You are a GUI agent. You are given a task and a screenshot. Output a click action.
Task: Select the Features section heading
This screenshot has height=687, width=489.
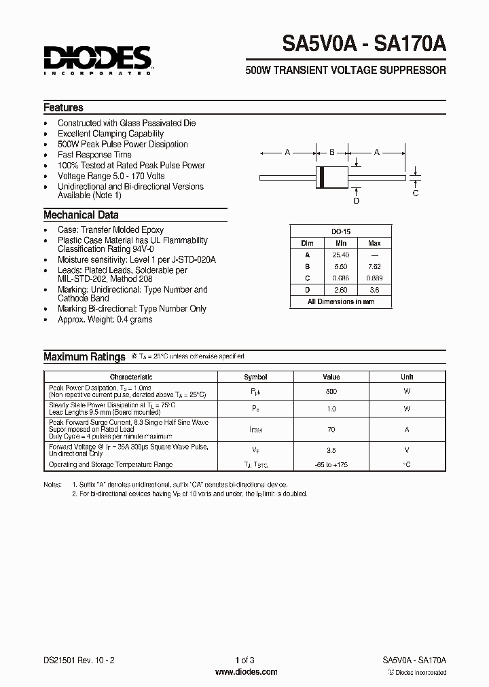coord(63,108)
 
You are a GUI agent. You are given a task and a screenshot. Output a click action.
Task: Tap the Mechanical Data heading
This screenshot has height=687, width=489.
coord(81,215)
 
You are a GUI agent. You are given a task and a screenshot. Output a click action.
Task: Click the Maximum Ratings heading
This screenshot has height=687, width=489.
coord(84,357)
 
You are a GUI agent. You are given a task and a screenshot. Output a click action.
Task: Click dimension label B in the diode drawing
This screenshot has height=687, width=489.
coord(331,153)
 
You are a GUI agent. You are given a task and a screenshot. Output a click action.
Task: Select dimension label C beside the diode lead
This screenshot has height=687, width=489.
coord(416,193)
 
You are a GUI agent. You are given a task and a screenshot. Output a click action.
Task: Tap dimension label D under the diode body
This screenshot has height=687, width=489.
coord(357,201)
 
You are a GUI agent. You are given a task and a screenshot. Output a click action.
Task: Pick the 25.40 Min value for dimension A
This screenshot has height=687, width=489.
coord(340,255)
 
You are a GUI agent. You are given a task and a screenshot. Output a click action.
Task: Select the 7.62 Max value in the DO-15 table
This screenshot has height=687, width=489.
coord(374,267)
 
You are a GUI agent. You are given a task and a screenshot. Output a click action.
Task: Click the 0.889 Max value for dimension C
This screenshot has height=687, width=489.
coord(374,278)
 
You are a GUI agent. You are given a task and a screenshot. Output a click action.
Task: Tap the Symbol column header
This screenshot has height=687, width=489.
coord(255,377)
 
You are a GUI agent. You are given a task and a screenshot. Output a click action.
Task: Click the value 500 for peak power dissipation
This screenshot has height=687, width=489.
coord(331,392)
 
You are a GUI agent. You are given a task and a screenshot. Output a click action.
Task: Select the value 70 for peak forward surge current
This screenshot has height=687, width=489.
coord(331,430)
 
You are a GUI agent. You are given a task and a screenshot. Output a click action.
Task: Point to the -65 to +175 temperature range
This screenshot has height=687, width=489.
coord(331,465)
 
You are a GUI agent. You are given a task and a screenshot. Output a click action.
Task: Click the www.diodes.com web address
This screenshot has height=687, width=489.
coord(245,672)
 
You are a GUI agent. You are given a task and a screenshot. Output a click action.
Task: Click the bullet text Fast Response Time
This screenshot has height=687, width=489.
coord(94,155)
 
